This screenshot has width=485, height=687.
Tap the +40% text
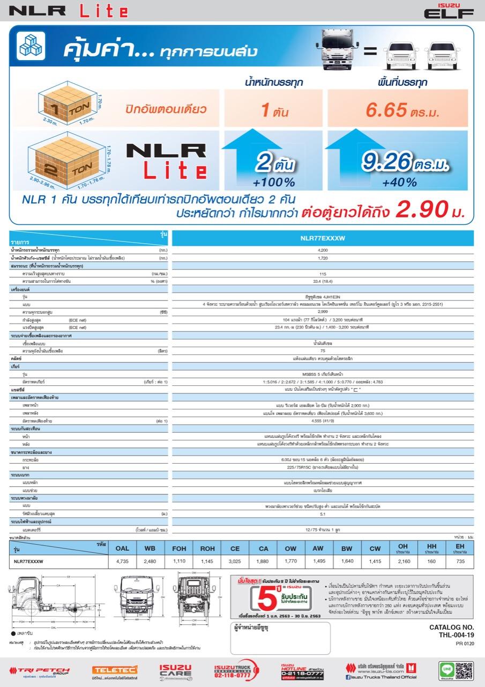399,182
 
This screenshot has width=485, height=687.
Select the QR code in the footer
464,670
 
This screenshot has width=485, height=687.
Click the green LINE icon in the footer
445,669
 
